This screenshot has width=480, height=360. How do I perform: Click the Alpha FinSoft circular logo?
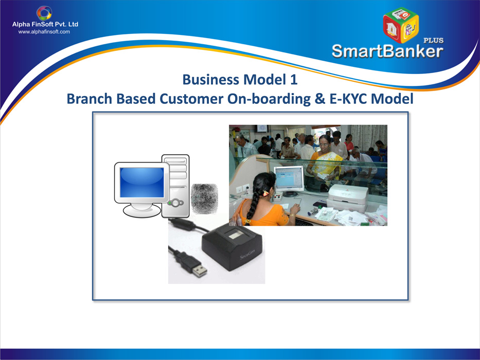(44, 13)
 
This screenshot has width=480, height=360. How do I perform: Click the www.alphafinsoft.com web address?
(44, 32)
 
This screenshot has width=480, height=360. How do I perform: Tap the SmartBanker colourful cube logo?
(401, 25)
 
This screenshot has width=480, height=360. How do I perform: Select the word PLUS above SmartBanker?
(434, 40)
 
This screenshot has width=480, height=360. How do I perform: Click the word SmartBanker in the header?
(387, 51)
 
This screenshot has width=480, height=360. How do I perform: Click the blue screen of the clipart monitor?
(141, 183)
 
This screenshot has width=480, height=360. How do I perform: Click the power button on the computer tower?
(176, 202)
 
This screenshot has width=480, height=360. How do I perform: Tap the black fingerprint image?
(204, 199)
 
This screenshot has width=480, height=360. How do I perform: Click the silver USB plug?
(199, 271)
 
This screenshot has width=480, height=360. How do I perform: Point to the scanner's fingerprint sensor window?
(235, 236)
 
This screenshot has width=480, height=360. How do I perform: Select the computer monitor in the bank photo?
(289, 181)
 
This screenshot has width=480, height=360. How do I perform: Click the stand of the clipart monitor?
(141, 209)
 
